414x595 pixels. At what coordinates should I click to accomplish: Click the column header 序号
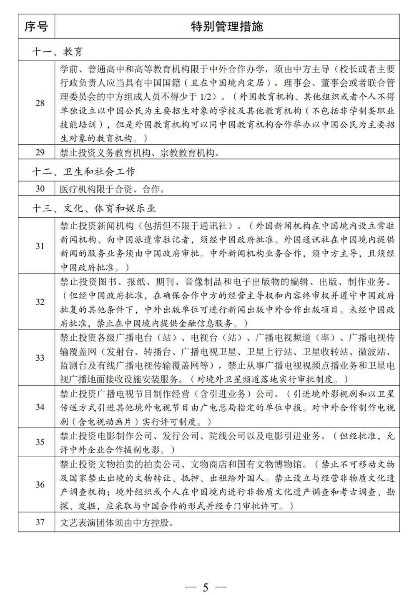[x=36, y=27]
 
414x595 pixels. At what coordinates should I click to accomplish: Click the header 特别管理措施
[x=227, y=27]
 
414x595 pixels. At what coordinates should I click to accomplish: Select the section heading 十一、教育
[x=58, y=51]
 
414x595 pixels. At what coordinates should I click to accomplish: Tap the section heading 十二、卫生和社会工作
[x=83, y=171]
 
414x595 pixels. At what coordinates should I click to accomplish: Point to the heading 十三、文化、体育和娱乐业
[x=94, y=208]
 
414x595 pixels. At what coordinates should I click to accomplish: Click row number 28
[x=40, y=103]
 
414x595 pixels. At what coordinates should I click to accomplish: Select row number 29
[x=40, y=153]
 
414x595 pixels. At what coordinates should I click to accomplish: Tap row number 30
[x=40, y=189]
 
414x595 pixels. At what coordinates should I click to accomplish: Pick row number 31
[x=40, y=246]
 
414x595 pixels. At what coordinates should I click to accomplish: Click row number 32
[x=40, y=302]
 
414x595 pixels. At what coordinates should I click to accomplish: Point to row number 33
[x=40, y=358]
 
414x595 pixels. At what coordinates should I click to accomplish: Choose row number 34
[x=40, y=407]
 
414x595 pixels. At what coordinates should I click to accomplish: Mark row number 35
[x=40, y=442]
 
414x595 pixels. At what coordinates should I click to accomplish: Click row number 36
[x=40, y=485]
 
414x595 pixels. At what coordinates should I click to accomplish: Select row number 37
[x=40, y=522]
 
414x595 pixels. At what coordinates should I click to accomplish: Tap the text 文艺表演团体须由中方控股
[x=117, y=522]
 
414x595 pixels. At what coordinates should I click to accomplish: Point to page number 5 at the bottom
[x=206, y=587]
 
